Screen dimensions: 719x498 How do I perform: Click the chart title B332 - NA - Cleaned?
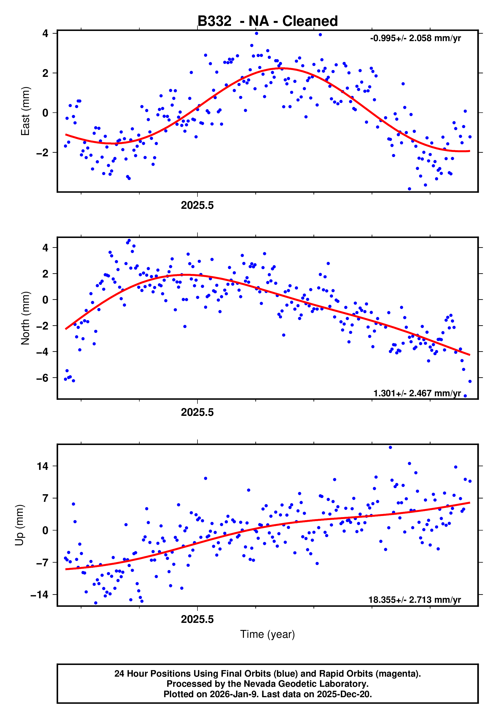[268, 21]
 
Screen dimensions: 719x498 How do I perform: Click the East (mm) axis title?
[25, 111]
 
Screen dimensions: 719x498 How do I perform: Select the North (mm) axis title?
[25, 318]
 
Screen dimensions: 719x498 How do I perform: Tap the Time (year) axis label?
[268, 634]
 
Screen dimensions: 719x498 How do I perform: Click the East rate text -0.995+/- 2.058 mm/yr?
[415, 38]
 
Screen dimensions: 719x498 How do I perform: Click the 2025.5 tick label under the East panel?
[197, 206]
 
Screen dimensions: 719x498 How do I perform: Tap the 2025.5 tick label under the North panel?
[197, 412]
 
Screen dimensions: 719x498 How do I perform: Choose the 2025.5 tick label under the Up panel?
[197, 619]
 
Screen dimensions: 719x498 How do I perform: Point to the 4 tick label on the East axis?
[45, 33]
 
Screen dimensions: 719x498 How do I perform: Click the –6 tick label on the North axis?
[42, 378]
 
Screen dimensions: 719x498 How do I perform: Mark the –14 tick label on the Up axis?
[40, 595]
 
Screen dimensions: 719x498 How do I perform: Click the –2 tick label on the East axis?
[42, 153]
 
